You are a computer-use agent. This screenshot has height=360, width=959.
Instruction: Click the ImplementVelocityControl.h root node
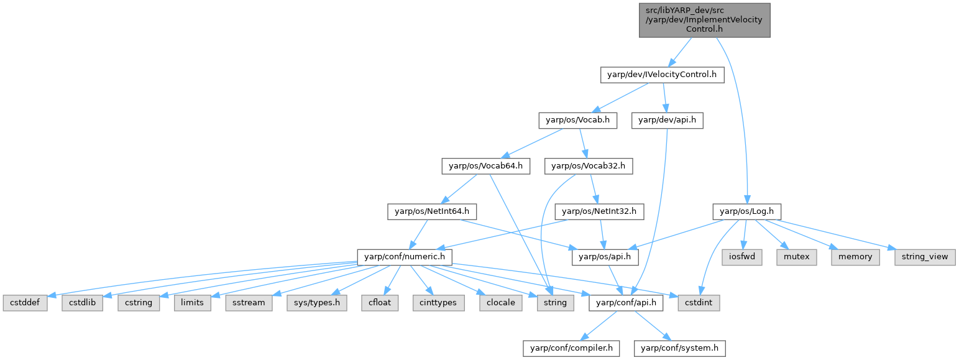[704, 20]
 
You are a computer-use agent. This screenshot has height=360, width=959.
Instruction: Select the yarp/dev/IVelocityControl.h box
[663, 75]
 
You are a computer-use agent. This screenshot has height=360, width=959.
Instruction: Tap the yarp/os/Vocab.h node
[577, 121]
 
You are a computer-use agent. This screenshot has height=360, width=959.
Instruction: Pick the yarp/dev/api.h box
[667, 121]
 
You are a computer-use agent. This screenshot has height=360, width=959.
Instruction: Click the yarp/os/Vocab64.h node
[485, 166]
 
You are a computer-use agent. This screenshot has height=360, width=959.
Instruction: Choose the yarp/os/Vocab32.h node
[589, 166]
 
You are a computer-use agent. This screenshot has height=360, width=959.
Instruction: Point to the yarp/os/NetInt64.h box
[431, 211]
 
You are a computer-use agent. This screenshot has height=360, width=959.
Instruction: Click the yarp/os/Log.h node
[746, 211]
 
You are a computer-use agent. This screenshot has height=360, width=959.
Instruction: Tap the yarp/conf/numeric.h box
[404, 257]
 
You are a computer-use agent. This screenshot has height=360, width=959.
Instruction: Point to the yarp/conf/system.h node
[679, 348]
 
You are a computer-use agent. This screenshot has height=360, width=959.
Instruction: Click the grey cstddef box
[25, 303]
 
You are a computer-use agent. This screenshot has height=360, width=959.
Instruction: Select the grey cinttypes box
[434, 303]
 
